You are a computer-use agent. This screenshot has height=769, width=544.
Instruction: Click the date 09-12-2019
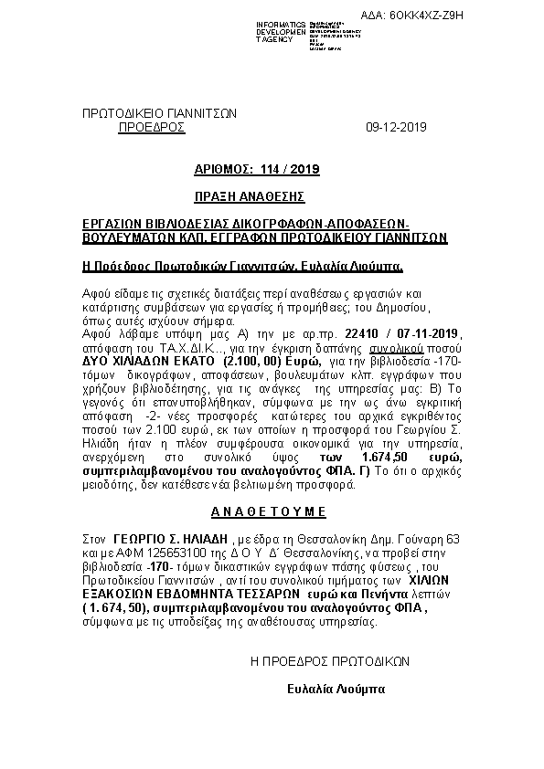pyautogui.click(x=395, y=127)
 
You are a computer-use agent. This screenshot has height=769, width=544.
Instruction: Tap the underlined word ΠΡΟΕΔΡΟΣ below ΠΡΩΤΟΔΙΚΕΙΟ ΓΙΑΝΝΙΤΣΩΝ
pyautogui.click(x=152, y=127)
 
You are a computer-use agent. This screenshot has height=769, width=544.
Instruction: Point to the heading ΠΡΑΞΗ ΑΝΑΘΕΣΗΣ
pyautogui.click(x=249, y=196)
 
